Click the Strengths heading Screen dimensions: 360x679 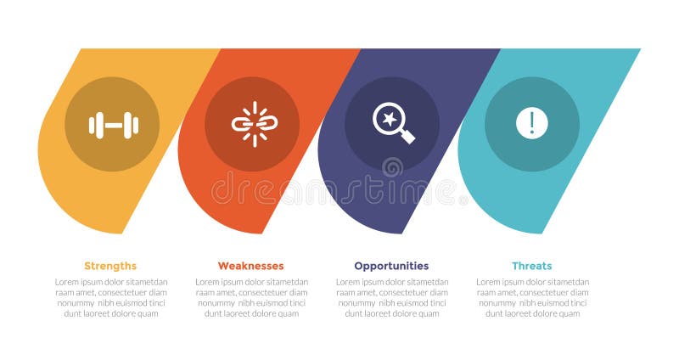[x=110, y=266]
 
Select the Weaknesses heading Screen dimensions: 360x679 [x=250, y=266]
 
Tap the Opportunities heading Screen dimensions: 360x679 [x=391, y=266]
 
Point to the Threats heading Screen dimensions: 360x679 [x=531, y=266]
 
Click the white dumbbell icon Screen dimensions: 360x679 [x=112, y=125]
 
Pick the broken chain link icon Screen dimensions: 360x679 [x=252, y=124]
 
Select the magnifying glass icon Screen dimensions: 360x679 [x=392, y=123]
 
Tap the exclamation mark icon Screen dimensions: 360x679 [x=532, y=123]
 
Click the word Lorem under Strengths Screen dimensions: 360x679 [x=67, y=282]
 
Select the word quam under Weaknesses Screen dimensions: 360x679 [x=288, y=313]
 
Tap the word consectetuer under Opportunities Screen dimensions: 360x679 [x=401, y=292]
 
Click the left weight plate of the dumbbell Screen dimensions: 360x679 [x=95, y=125]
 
